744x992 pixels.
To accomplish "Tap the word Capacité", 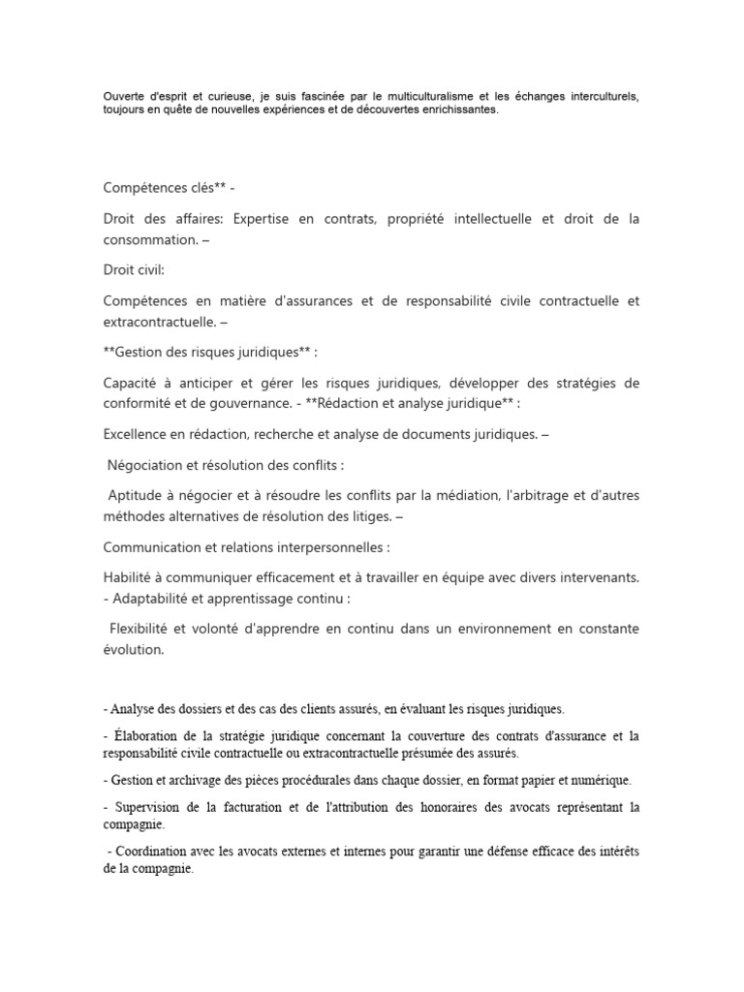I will [134, 384].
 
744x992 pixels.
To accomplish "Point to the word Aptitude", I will [137, 496].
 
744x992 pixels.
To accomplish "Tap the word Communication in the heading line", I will [153, 546].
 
